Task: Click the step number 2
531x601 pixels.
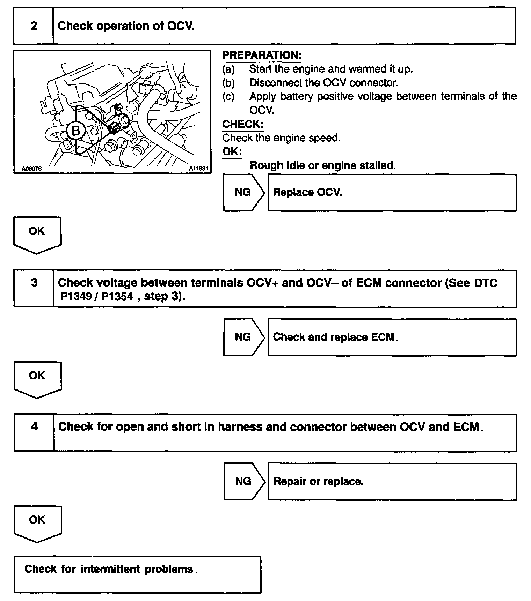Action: pyautogui.click(x=34, y=26)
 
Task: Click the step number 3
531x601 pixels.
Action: pyautogui.click(x=34, y=282)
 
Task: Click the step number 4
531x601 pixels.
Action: pyautogui.click(x=35, y=426)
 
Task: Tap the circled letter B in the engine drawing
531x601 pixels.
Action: pyautogui.click(x=76, y=131)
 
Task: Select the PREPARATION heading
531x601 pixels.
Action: pyautogui.click(x=262, y=55)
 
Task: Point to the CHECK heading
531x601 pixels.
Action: pyautogui.click(x=243, y=124)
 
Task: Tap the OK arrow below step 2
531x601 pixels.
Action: pyautogui.click(x=37, y=233)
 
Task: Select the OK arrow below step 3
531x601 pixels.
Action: pyautogui.click(x=37, y=378)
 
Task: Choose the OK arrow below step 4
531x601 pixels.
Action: pyautogui.click(x=37, y=522)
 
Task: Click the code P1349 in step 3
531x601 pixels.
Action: pyautogui.click(x=76, y=297)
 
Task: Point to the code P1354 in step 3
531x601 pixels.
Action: pyautogui.click(x=117, y=297)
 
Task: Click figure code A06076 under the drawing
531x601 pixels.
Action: pyautogui.click(x=31, y=169)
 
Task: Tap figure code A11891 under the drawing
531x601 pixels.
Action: pyautogui.click(x=198, y=169)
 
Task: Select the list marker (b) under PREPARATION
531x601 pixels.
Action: pyautogui.click(x=228, y=83)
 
